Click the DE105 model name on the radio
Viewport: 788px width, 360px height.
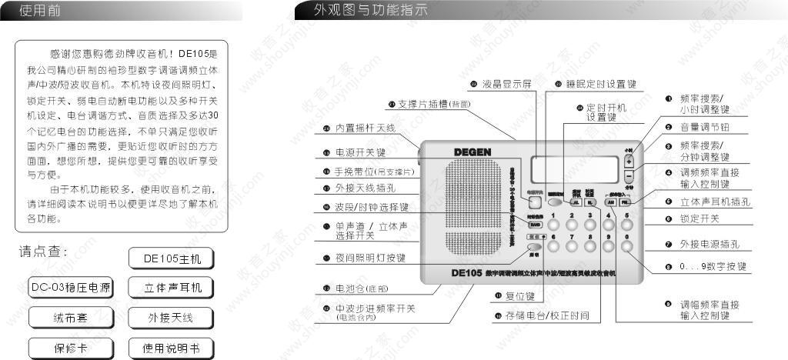[467, 272]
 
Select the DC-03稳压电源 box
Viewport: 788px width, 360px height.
[71, 288]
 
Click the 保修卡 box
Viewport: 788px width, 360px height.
[71, 347]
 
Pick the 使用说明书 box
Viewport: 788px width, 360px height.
[170, 348]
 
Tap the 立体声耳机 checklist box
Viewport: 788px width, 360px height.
[170, 288]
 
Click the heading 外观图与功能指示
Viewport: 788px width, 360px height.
[369, 11]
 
